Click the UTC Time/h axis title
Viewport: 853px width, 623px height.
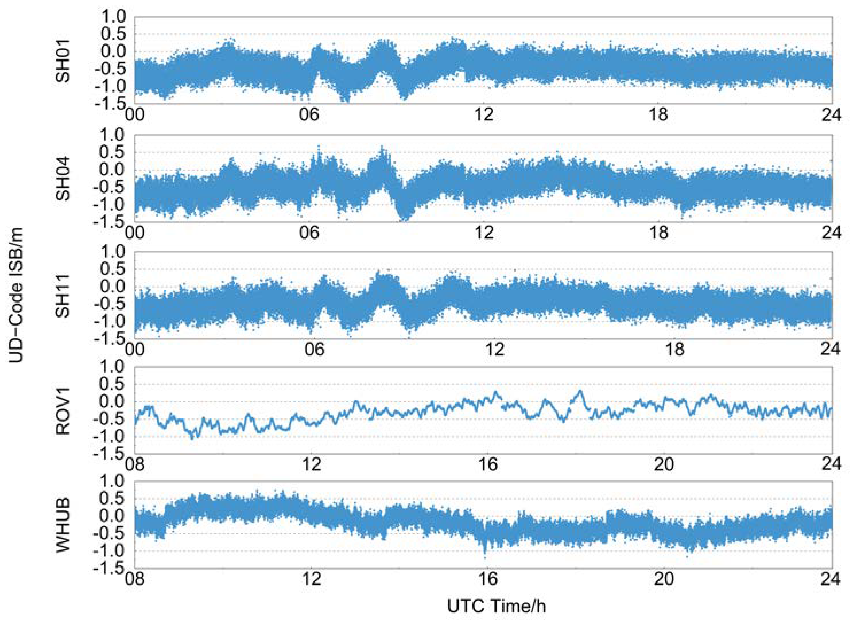497,606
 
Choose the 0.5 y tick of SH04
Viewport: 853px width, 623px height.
112,152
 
